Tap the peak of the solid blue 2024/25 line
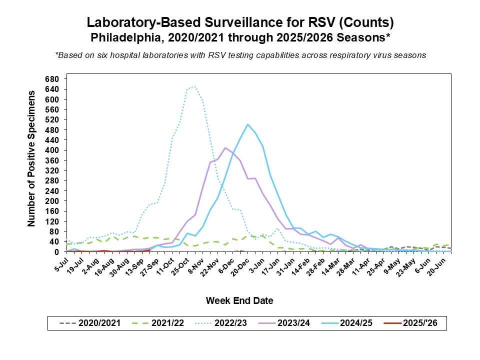(x=247, y=124)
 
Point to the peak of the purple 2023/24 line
(x=225, y=147)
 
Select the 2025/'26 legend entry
(x=418, y=323)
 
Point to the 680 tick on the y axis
(x=52, y=79)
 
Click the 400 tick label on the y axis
(x=52, y=150)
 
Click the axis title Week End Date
(x=239, y=300)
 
